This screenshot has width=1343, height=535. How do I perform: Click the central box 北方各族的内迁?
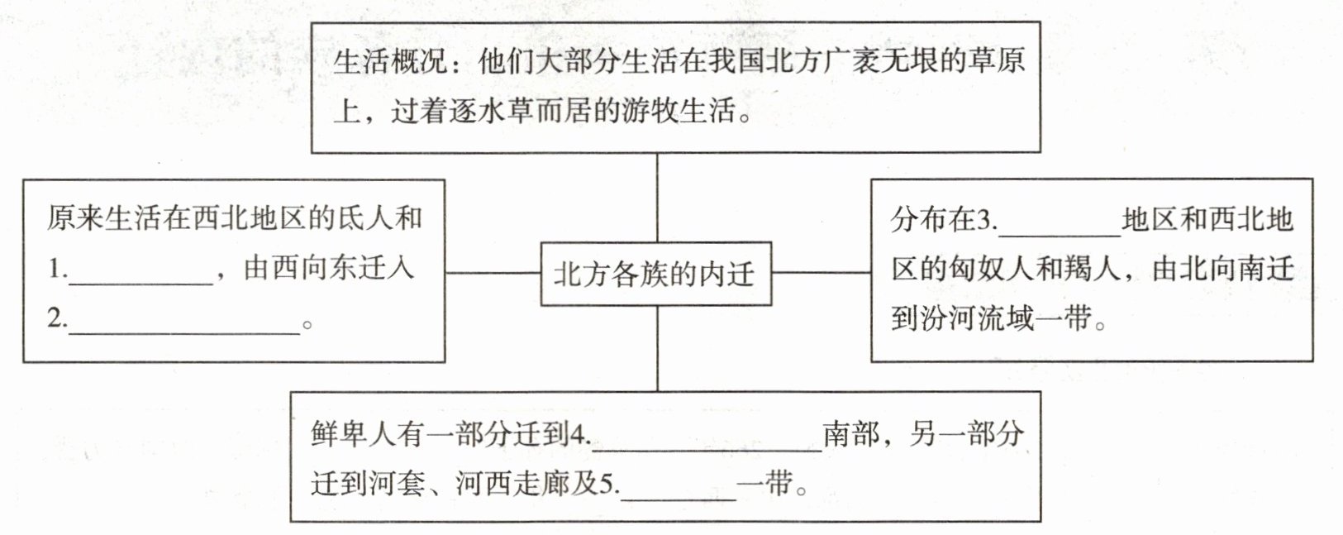655,274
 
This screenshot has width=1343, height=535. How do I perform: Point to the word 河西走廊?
511,485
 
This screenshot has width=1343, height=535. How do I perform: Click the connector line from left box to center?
493,272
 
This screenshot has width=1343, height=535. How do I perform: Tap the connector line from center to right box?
821,271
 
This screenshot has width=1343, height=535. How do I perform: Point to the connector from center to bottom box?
658,348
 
